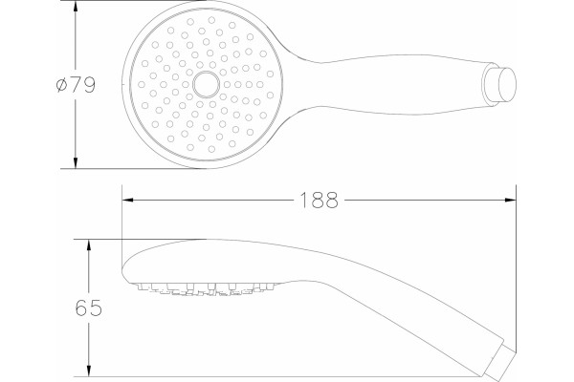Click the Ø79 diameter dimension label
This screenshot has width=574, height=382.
pyautogui.click(x=76, y=85)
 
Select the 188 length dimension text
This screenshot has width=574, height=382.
pyautogui.click(x=319, y=201)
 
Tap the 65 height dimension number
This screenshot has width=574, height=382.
pyautogui.click(x=88, y=308)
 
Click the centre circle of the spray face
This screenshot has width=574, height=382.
pyautogui.click(x=206, y=84)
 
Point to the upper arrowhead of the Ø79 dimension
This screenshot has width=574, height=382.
pyautogui.click(x=76, y=7)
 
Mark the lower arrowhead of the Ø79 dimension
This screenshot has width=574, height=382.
pyautogui.click(x=76, y=162)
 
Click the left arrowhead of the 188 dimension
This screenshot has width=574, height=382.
pyautogui.click(x=127, y=200)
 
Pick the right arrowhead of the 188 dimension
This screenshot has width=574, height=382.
pyautogui.click(x=510, y=200)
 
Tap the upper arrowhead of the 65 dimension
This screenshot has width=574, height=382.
pyautogui.click(x=88, y=245)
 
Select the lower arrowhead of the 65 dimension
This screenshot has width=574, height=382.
pyautogui.click(x=88, y=371)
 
